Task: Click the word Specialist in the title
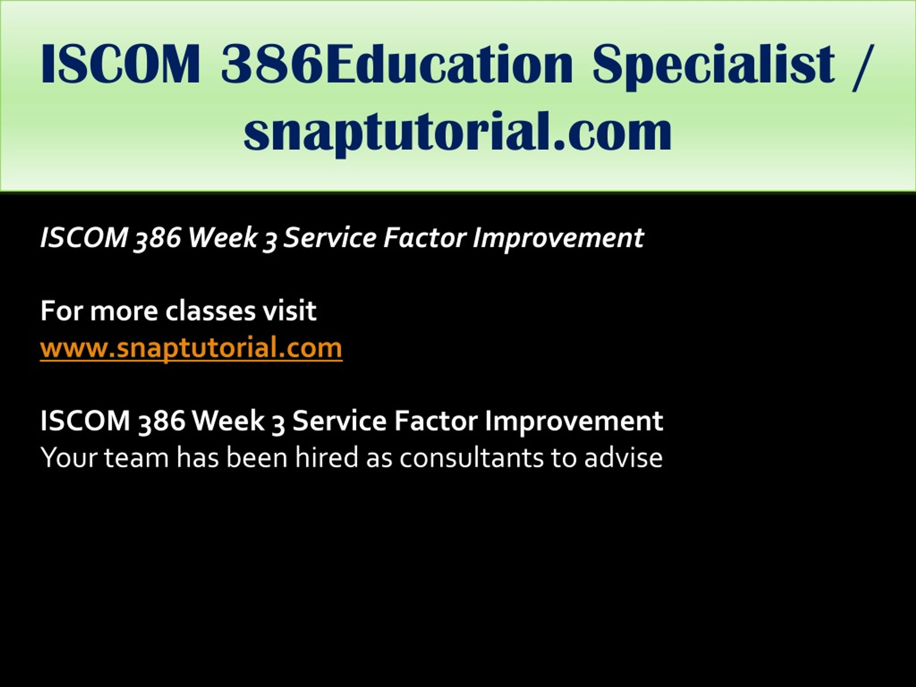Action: tap(713, 66)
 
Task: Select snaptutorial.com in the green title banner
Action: tap(458, 133)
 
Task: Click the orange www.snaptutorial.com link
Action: tap(191, 347)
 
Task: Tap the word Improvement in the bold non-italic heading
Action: tap(574, 421)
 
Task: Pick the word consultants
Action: tap(471, 458)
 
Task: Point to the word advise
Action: tap(623, 458)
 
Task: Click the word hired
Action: tap(326, 458)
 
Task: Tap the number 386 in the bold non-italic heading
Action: tap(161, 421)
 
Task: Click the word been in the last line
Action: tap(257, 458)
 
